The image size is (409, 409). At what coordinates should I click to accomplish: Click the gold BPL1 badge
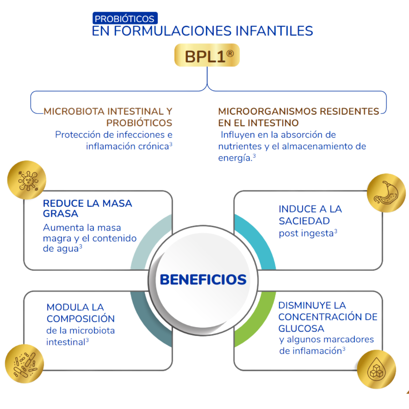click(207, 57)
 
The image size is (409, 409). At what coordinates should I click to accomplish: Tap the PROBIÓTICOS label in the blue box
click(125, 19)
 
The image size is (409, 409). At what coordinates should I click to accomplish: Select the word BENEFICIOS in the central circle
click(203, 279)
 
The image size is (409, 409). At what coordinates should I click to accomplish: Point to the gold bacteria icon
click(25, 363)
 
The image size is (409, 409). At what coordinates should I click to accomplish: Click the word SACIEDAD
click(304, 221)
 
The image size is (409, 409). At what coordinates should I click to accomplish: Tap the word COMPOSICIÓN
click(80, 319)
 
